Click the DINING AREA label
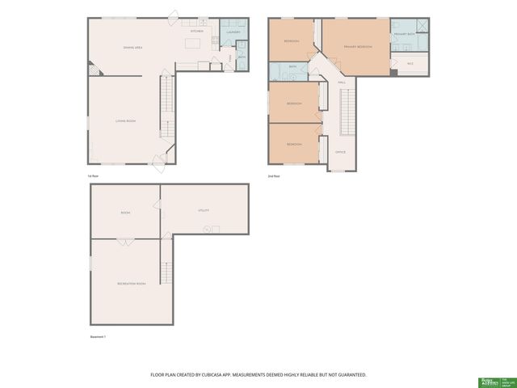click(132, 48)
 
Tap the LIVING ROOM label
click(124, 120)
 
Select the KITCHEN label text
click(196, 31)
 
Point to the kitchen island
click(193, 43)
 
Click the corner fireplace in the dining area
click(93, 71)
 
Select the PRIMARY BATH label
click(403, 35)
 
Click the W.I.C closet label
click(410, 63)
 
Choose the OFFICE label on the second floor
click(340, 152)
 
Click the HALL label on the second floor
click(341, 82)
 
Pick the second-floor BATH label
click(292, 67)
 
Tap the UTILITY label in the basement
click(204, 209)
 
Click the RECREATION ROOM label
click(131, 284)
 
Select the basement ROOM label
click(125, 213)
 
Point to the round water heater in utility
click(207, 230)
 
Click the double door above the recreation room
click(125, 240)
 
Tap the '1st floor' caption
click(94, 175)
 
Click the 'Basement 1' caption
click(98, 338)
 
